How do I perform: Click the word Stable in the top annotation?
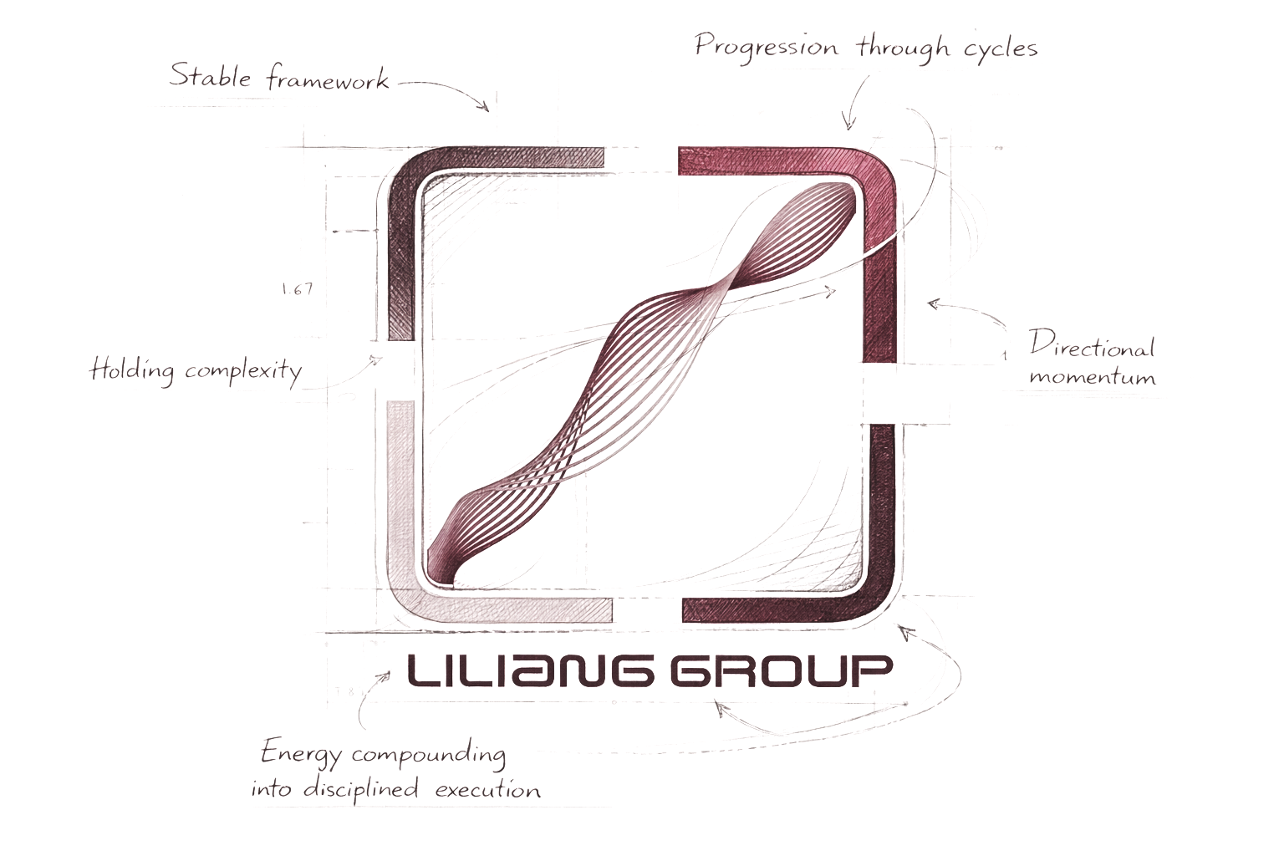coord(210,75)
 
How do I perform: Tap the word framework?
coord(328,79)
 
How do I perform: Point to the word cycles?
coord(1000,48)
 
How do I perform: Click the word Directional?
coord(1091,344)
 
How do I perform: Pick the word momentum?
coord(1093,377)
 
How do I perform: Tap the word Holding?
coord(132,369)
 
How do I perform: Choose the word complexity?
coord(243,371)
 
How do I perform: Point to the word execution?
coord(487,789)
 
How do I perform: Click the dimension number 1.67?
coord(298,289)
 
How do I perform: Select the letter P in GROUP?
coord(871,670)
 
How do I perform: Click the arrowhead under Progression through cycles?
coord(848,125)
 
